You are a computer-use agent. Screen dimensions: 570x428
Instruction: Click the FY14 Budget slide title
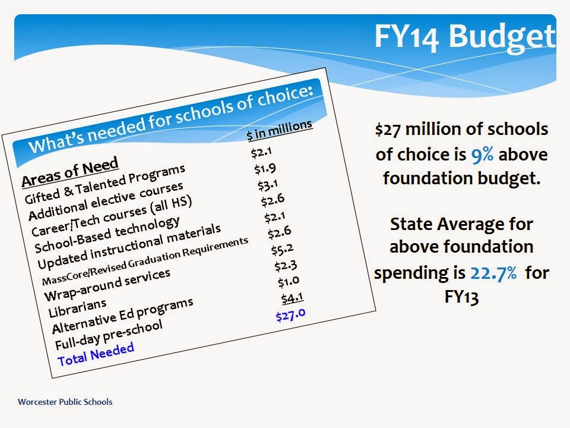pos(465,37)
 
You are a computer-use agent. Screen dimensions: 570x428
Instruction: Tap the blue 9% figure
pos(482,155)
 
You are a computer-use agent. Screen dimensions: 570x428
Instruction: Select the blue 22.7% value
pos(493,273)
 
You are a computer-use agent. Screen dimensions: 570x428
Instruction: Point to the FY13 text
pos(461,297)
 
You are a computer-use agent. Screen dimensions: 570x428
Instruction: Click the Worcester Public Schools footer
pos(65,402)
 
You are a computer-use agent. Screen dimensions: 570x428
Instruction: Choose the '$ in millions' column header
pos(279,130)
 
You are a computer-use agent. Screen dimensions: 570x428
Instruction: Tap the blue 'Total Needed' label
pos(96,354)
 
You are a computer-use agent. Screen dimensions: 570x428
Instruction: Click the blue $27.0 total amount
pos(290,315)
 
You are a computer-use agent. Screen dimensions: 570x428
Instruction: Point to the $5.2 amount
pos(282,249)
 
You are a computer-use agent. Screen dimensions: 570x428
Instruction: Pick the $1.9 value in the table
pos(265,169)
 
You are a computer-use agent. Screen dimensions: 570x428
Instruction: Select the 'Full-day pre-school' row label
pos(108,335)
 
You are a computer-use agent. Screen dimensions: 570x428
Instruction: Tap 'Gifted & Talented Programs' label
pos(104,184)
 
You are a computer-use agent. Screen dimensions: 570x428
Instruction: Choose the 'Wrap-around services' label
pos(107,285)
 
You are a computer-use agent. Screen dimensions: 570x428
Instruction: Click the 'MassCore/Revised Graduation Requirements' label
pos(145,260)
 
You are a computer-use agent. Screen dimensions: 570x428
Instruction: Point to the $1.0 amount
pos(289,282)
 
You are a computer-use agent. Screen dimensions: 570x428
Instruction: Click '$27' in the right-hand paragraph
pos(388,130)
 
